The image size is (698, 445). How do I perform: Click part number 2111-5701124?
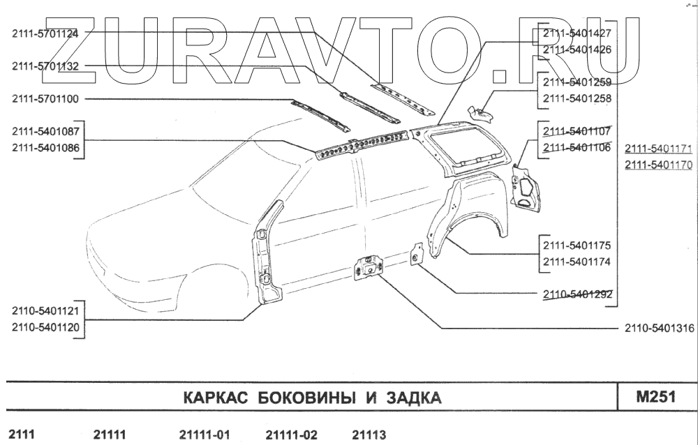tap(45, 33)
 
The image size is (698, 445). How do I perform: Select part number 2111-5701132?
tap(45, 66)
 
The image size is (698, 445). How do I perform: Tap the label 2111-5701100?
tap(45, 99)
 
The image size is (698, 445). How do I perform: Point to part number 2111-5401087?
tap(45, 132)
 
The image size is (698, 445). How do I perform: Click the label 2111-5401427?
tap(577, 33)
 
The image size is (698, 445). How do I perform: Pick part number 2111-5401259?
tap(577, 82)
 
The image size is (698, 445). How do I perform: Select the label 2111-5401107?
tap(577, 131)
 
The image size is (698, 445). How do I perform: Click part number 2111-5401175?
tap(577, 246)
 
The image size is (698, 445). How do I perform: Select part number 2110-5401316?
tap(659, 328)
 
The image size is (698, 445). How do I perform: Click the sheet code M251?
tap(655, 398)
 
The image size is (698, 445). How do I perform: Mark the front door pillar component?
tap(268, 251)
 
